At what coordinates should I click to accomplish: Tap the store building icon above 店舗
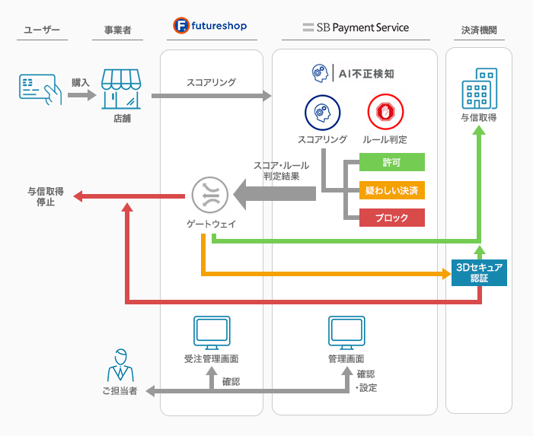tap(122, 89)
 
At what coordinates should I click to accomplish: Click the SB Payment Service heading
tap(355, 28)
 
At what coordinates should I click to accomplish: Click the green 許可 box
tap(391, 164)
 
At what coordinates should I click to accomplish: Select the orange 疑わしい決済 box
tap(391, 190)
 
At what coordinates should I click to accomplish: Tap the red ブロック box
tap(391, 218)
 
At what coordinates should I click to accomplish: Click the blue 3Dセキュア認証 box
tap(479, 272)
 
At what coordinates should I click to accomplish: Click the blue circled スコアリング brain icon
tap(321, 113)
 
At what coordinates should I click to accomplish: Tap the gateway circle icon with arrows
tap(209, 195)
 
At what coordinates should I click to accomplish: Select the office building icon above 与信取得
tap(479, 89)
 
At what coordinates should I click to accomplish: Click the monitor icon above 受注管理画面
tap(211, 332)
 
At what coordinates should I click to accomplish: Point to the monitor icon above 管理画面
tap(346, 332)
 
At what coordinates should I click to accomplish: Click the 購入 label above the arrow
tap(80, 81)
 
